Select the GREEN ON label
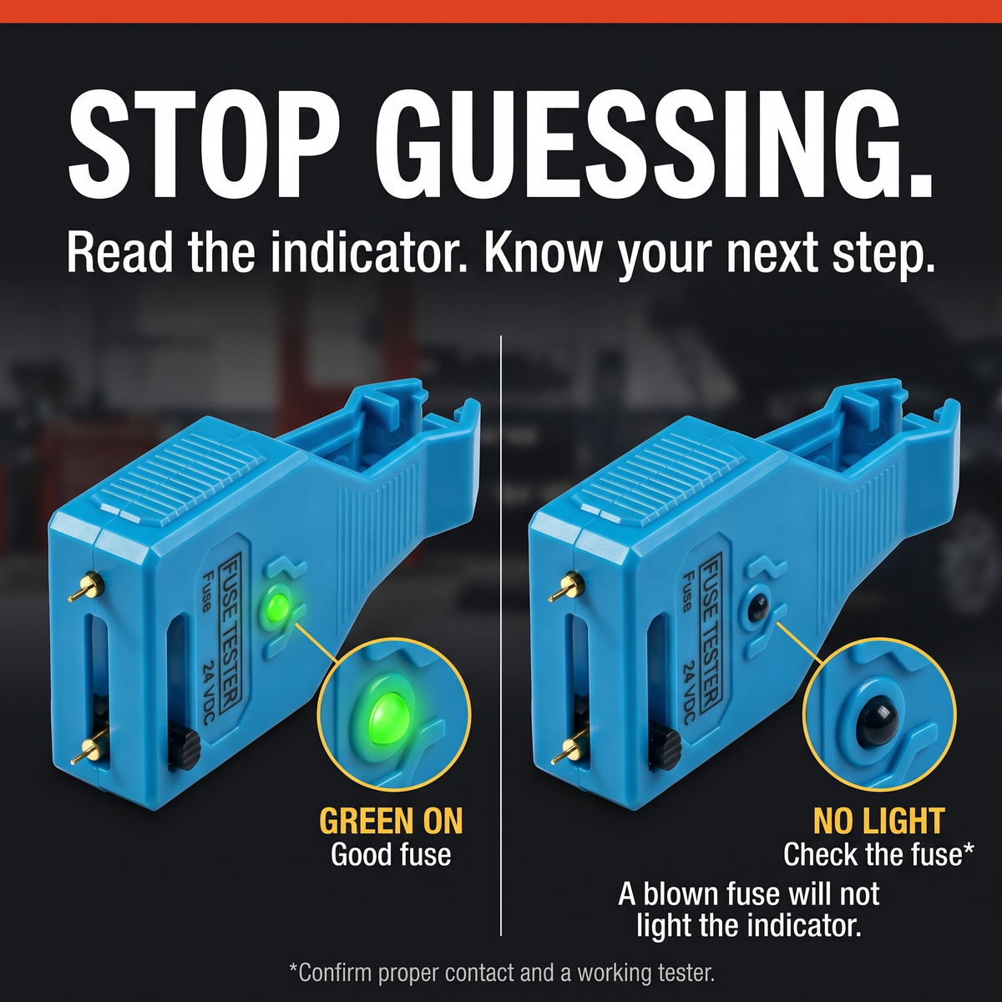click(x=391, y=822)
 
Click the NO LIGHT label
click(x=878, y=822)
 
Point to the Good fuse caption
click(x=391, y=855)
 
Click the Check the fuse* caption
click(x=878, y=855)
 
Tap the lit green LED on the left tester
click(x=279, y=606)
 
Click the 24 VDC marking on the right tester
click(x=688, y=692)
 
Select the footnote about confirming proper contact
click(x=502, y=973)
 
